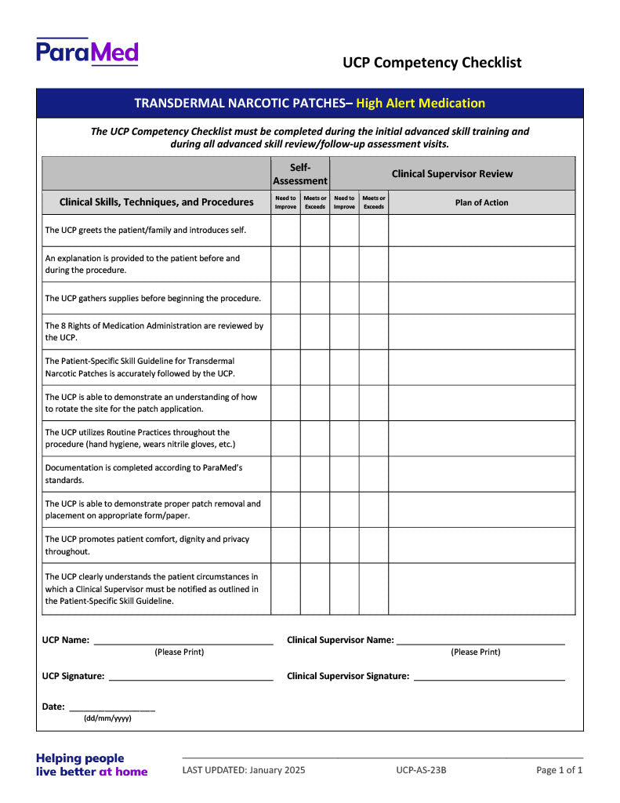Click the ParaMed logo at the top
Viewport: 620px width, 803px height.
pos(87,52)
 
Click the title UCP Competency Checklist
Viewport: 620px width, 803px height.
pos(432,63)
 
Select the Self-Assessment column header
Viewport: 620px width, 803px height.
pos(300,174)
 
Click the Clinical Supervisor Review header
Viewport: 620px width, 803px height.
pos(452,174)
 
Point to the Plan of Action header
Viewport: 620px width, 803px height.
pos(481,202)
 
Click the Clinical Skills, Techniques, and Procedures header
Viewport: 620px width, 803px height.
pos(157,202)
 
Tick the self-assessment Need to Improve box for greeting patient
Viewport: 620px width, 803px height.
pos(285,231)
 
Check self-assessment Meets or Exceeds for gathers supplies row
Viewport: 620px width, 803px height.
pos(315,298)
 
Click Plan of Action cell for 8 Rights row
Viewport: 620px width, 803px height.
pos(481,332)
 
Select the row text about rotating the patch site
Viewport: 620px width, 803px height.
pos(151,403)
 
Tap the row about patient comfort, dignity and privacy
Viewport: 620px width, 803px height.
pos(147,545)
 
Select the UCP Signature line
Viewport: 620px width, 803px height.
pos(190,677)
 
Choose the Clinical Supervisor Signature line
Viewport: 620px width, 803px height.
pos(489,677)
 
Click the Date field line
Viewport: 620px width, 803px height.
pos(112,707)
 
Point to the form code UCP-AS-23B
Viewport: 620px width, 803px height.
pos(421,770)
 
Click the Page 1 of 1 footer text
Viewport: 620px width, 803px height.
pos(560,770)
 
